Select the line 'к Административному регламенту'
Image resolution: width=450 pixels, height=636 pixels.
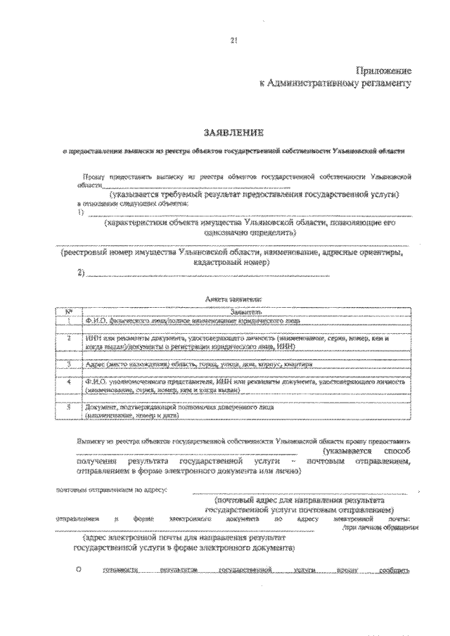335,83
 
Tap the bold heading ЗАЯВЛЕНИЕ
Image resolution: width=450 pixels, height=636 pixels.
233,131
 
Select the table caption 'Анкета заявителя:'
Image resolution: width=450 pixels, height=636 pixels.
233,299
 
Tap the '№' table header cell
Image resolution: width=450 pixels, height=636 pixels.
68,311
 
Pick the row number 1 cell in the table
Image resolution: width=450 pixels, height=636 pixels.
68,320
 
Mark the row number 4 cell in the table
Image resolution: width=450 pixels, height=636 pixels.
68,384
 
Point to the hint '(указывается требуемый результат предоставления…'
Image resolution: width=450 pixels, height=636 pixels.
255,193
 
